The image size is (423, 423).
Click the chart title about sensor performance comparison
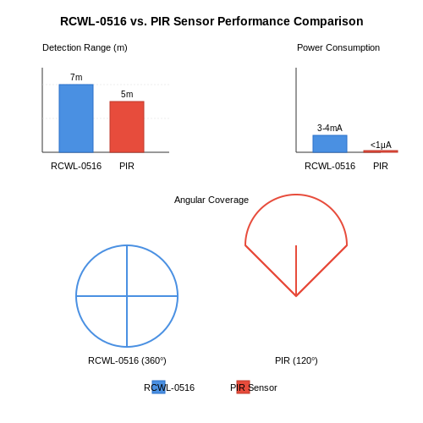pyautogui.click(x=211, y=21)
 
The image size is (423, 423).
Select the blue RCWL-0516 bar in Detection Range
pyautogui.click(x=76, y=118)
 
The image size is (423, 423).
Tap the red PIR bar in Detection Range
pyautogui.click(x=127, y=127)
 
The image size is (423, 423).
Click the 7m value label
pyautogui.click(x=76, y=77)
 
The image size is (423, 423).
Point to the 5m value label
pyautogui.click(x=127, y=94)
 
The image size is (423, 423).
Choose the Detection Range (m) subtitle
pyautogui.click(x=85, y=47)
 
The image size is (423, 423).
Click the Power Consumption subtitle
pyautogui.click(x=338, y=47)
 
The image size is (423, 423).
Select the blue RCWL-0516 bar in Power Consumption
pyautogui.click(x=330, y=144)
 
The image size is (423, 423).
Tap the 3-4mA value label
pyautogui.click(x=330, y=128)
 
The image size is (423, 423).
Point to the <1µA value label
pyautogui.click(x=381, y=145)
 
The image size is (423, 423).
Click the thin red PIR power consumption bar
pyautogui.click(x=381, y=151)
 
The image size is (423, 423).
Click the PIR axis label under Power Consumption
pyautogui.click(x=381, y=166)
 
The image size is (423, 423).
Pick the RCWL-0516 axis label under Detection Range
pyautogui.click(x=76, y=166)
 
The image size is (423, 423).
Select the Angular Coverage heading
pyautogui.click(x=211, y=200)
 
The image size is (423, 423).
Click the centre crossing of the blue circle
pyautogui.click(x=127, y=296)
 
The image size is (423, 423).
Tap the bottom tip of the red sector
pyautogui.click(x=296, y=296)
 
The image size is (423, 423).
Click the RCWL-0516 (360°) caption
pyautogui.click(x=127, y=360)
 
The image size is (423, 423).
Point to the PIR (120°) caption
pyautogui.click(x=296, y=360)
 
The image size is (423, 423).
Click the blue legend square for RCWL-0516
pyautogui.click(x=158, y=387)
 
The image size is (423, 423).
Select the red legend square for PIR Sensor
pyautogui.click(x=243, y=387)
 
